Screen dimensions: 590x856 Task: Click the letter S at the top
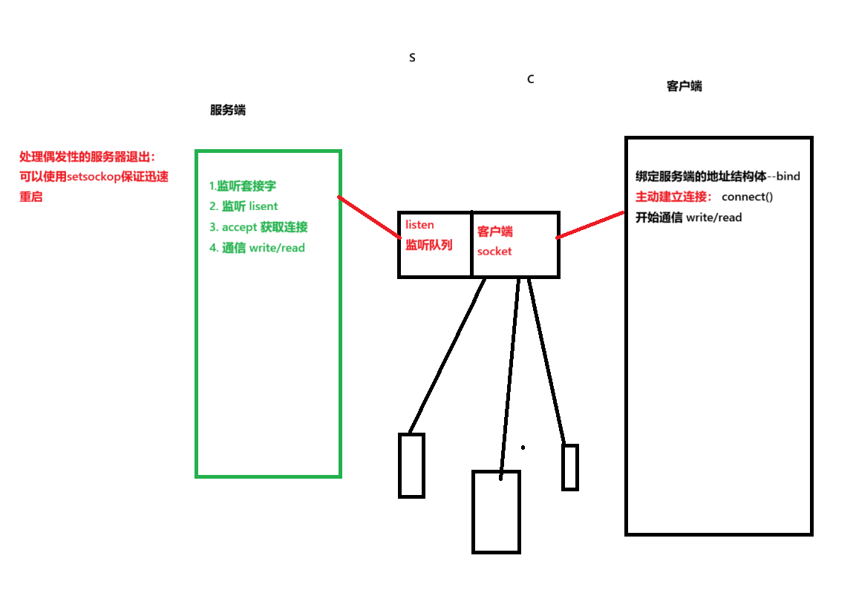tap(412, 58)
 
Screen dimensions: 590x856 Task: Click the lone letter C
tap(530, 79)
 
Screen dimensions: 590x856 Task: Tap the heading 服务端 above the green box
tap(228, 110)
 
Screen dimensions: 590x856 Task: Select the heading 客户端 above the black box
tap(685, 86)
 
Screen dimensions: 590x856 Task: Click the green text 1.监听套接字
tap(243, 186)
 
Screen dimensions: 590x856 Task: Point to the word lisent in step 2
tap(264, 206)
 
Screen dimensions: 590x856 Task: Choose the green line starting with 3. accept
tap(258, 227)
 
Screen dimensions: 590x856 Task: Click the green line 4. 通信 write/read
tap(257, 248)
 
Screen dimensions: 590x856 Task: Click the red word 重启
tap(31, 197)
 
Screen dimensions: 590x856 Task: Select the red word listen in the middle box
tap(419, 225)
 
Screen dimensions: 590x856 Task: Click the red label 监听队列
tap(428, 244)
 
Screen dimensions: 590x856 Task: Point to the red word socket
tap(494, 252)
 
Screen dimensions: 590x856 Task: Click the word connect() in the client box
tap(748, 197)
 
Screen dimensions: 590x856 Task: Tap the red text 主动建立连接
tap(673, 197)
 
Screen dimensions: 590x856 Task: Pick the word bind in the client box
tap(788, 177)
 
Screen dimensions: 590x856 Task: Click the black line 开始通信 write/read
tap(689, 217)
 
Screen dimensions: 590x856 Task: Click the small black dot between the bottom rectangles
tap(523, 448)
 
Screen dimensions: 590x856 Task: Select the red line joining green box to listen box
tap(369, 217)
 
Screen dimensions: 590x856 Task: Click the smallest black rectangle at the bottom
tap(569, 467)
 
